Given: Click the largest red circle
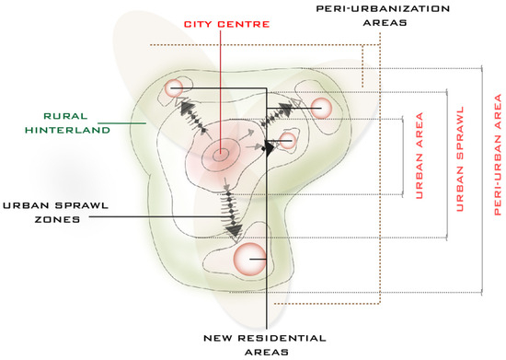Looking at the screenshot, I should click(x=248, y=259).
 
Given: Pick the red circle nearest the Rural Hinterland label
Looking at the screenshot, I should click(x=173, y=88).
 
